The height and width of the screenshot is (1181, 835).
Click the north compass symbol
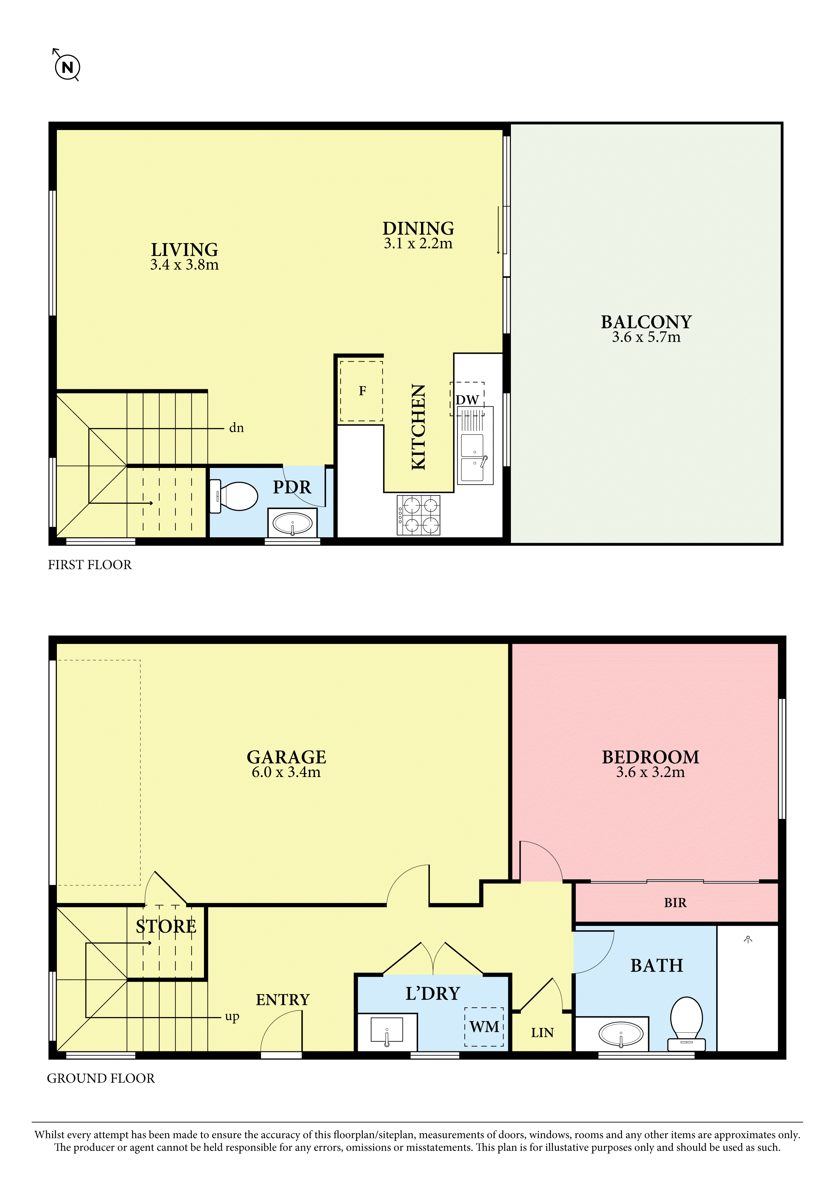(x=67, y=67)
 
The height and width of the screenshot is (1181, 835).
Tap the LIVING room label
(x=184, y=250)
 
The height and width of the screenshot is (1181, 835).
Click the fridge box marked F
(x=361, y=391)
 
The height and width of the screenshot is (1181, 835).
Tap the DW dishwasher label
(x=467, y=400)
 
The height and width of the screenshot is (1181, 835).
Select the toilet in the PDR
(x=234, y=496)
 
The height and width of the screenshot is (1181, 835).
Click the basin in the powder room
(x=292, y=524)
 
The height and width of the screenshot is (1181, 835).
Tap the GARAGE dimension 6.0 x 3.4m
(x=286, y=786)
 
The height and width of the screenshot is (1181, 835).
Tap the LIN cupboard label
(x=543, y=1032)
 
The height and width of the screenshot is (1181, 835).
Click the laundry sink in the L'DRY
(x=387, y=1032)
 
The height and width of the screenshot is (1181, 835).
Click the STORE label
(x=166, y=926)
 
